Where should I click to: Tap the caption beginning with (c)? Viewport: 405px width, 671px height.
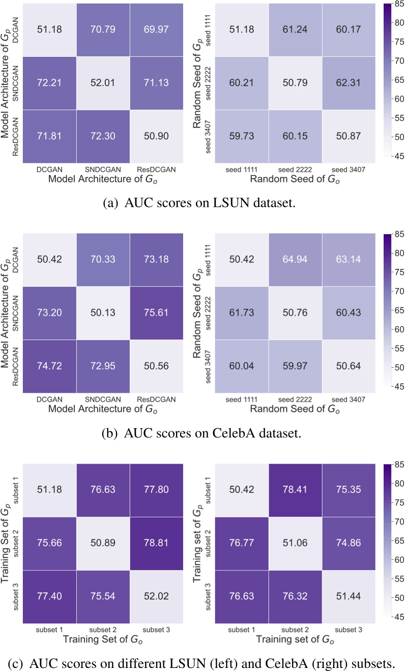click(x=202, y=661)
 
